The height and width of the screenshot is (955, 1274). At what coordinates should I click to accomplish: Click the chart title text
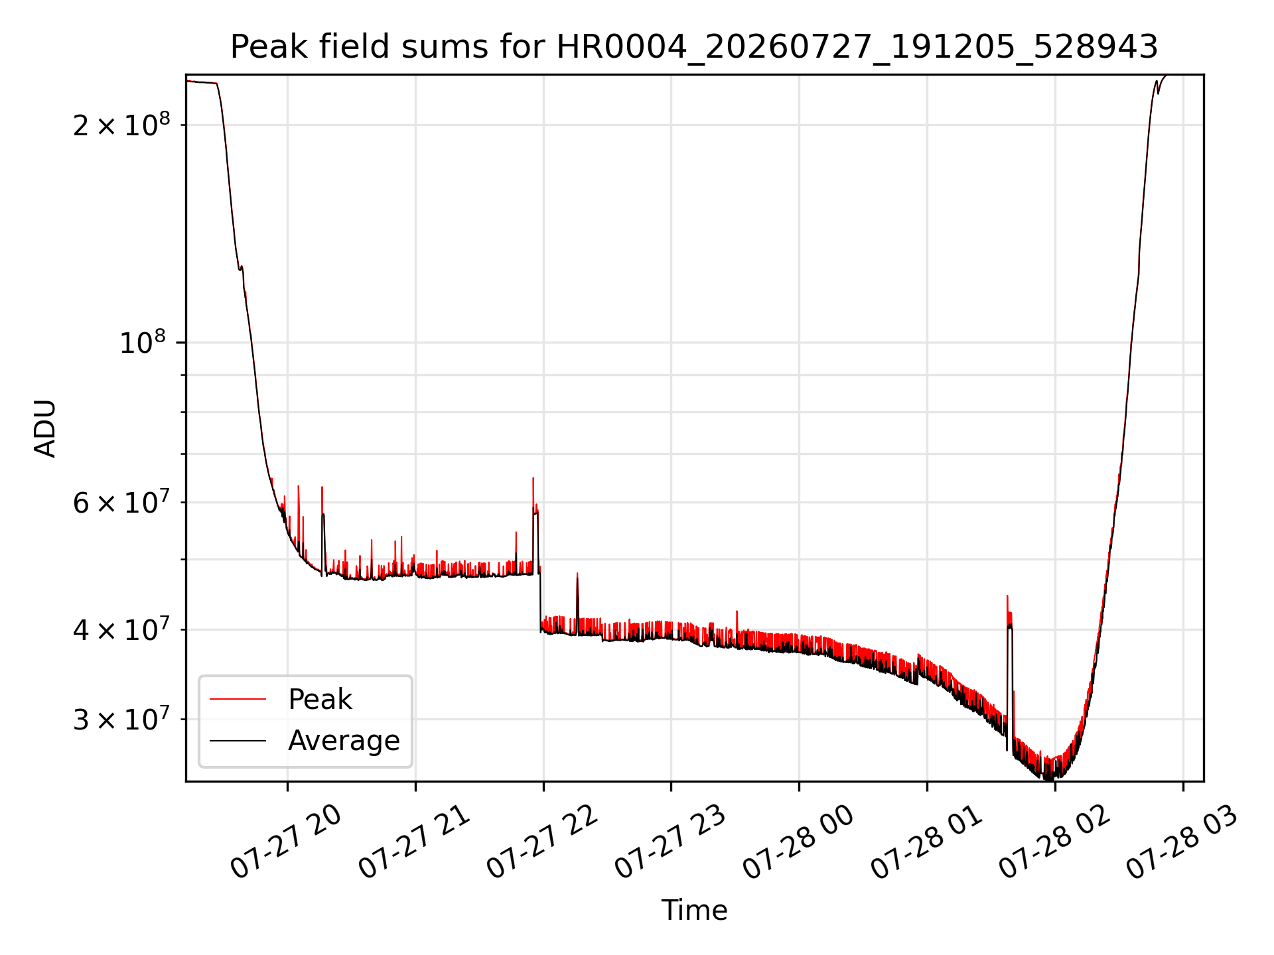pyautogui.click(x=694, y=47)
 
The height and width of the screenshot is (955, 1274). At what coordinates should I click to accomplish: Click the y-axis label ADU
pyautogui.click(x=45, y=428)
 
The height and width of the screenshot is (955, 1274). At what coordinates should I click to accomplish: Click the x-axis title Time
pyautogui.click(x=694, y=910)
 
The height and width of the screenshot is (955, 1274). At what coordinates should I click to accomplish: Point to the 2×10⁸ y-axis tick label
pyautogui.click(x=121, y=124)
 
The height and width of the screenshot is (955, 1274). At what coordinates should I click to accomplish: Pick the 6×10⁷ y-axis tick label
pyautogui.click(x=121, y=502)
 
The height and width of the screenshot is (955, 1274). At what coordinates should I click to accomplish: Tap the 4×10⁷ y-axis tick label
pyautogui.click(x=121, y=629)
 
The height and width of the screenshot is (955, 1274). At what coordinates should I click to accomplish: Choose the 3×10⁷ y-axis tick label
pyautogui.click(x=121, y=719)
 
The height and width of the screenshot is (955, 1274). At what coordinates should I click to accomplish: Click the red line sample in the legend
pyautogui.click(x=238, y=700)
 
